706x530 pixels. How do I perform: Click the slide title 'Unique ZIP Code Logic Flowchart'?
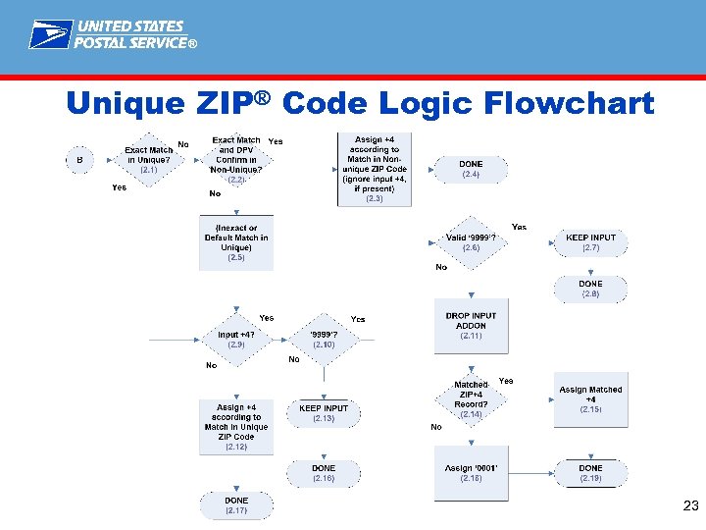coord(359,102)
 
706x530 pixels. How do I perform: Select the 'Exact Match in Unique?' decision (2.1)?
coord(148,160)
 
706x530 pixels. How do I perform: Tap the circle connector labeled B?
coord(78,159)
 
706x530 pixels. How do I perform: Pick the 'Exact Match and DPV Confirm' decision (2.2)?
coord(236,160)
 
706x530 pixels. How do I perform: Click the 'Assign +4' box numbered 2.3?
coord(375,169)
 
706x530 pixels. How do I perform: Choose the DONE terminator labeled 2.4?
coord(471,169)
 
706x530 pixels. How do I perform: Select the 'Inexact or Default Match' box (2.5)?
coord(236,242)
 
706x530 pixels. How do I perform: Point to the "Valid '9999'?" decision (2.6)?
coord(471,242)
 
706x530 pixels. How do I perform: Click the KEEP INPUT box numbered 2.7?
coord(590,242)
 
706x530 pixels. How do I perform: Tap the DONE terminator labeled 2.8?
coord(590,289)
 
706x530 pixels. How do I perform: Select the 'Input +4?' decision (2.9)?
coord(236,340)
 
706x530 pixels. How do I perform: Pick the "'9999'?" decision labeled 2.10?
coord(324,340)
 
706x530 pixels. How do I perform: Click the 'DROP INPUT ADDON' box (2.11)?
coord(471,326)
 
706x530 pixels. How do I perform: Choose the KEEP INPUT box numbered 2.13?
coord(324,413)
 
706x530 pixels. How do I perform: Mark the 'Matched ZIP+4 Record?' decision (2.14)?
coord(471,400)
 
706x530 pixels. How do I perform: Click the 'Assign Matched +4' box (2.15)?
coord(590,400)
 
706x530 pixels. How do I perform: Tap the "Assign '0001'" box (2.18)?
coord(471,473)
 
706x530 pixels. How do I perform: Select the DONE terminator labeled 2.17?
coord(236,505)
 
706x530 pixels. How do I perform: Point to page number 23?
coord(689,506)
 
